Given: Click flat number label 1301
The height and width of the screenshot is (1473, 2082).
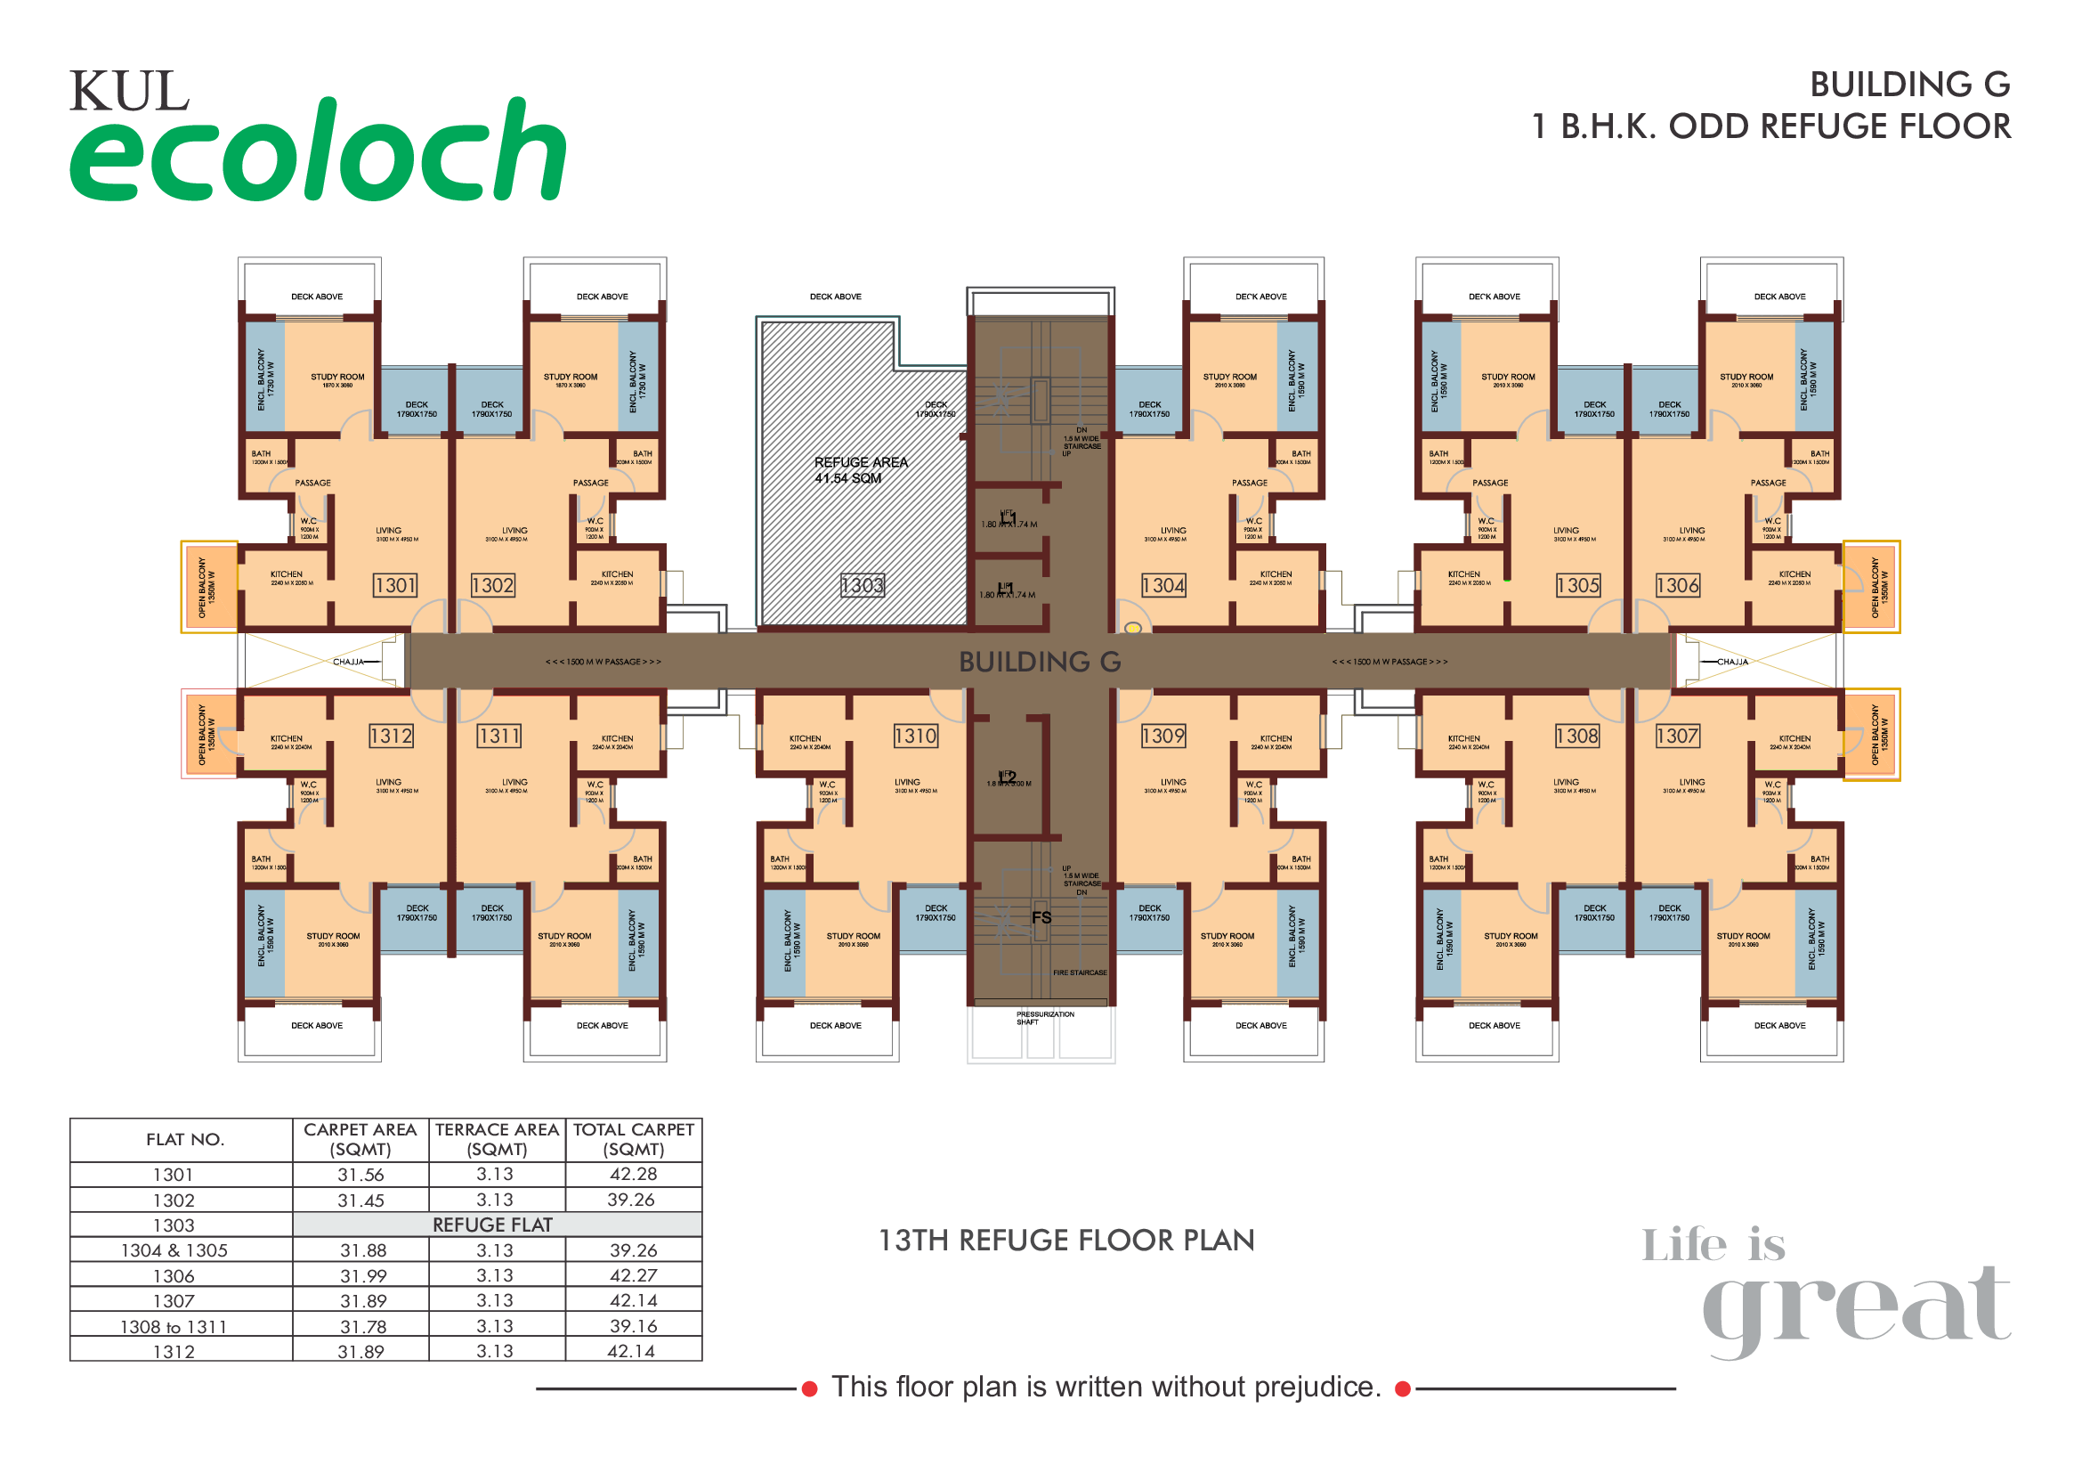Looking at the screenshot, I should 395,586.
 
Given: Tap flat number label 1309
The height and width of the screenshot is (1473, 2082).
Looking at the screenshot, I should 1163,736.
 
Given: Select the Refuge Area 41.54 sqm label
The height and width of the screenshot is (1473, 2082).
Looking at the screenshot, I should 860,470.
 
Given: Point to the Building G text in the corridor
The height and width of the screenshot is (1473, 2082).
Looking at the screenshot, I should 1040,662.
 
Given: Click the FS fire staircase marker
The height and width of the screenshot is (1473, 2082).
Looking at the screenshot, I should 1041,918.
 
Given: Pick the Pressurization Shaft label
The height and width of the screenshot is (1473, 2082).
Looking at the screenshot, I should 1045,1018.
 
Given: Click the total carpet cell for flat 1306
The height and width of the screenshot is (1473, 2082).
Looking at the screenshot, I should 633,1276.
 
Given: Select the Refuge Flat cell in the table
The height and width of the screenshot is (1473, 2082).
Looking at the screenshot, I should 496,1225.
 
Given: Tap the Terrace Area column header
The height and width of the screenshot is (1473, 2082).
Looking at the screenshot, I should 496,1139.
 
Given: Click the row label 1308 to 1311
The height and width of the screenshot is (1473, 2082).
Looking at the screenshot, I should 174,1327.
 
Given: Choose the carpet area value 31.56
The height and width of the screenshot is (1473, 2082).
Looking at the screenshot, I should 360,1176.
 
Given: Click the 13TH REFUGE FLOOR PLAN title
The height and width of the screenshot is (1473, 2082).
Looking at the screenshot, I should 1065,1241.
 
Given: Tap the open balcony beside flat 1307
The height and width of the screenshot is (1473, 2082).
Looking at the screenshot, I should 1872,735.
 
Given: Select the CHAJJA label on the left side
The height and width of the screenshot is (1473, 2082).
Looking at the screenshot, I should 348,662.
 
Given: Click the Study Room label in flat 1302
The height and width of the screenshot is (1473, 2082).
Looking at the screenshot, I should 571,378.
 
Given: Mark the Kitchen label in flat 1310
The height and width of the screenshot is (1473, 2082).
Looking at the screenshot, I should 806,739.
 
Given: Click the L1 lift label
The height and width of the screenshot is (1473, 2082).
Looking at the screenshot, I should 1009,518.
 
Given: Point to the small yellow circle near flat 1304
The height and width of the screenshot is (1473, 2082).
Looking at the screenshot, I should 1132,628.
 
